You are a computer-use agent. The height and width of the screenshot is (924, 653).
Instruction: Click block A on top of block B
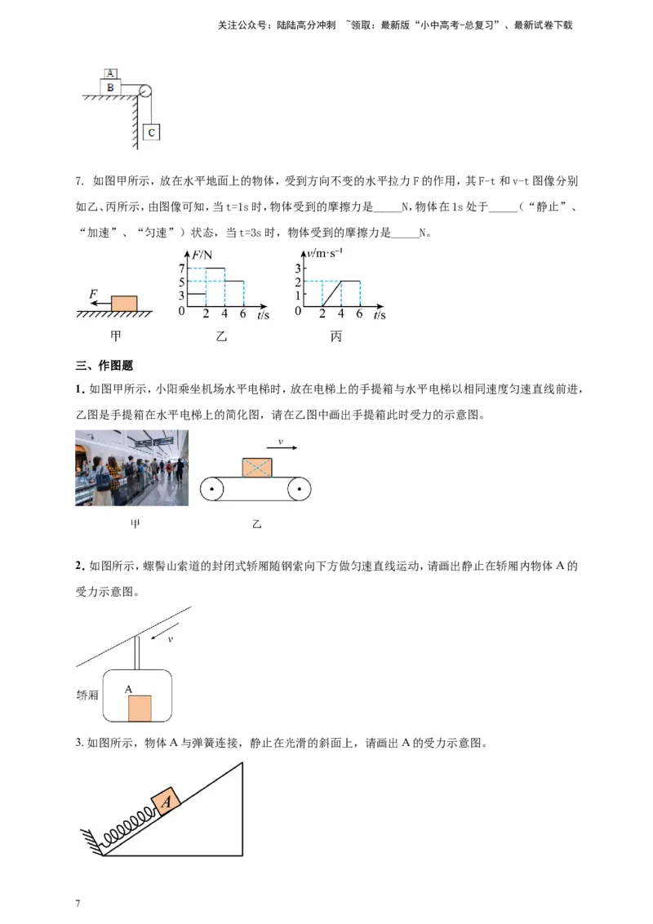[x=110, y=73]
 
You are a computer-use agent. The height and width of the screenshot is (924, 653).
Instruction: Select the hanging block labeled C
[x=152, y=132]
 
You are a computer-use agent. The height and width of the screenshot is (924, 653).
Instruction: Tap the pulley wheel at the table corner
[x=145, y=91]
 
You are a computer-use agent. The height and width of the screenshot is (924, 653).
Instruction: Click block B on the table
[x=110, y=87]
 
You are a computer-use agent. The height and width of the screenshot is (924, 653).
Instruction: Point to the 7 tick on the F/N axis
[x=181, y=268]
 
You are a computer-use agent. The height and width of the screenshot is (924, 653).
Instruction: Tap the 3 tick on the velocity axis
[x=298, y=268]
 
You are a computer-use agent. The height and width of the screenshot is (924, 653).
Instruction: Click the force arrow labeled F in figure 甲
[x=100, y=303]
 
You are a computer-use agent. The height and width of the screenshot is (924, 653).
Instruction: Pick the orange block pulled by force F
[x=124, y=304]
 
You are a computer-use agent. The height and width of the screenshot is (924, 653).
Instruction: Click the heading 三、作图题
[x=104, y=366]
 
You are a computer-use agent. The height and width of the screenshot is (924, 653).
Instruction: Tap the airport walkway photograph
[x=132, y=468]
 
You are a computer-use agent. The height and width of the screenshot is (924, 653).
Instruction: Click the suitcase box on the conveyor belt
[x=258, y=467]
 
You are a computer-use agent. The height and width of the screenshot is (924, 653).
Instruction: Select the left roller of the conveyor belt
[x=211, y=489]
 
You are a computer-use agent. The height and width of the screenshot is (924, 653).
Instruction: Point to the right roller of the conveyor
[x=300, y=489]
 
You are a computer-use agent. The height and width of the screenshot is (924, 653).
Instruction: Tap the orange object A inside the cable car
[x=140, y=709]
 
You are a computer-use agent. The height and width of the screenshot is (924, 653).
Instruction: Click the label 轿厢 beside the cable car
[x=87, y=695]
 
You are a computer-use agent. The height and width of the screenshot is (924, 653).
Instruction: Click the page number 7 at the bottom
[x=78, y=904]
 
